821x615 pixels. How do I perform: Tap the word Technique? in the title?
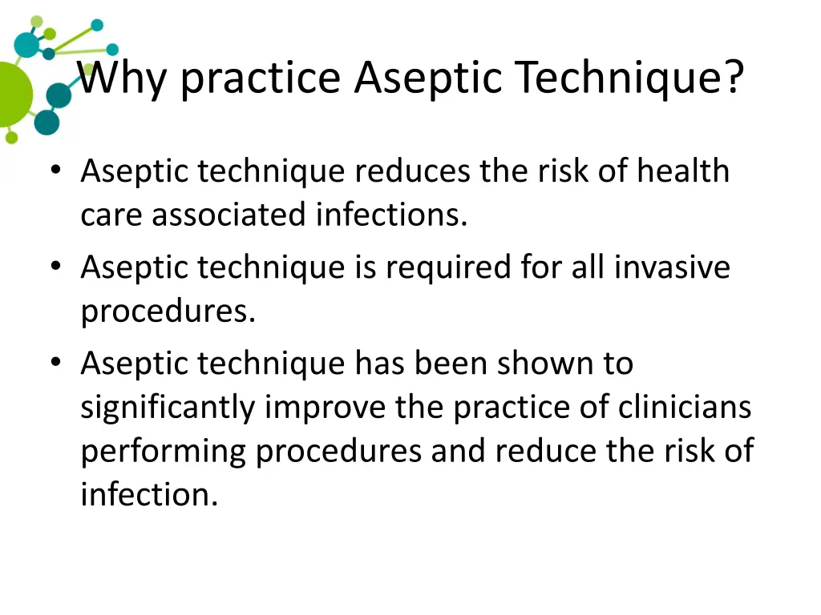click(629, 78)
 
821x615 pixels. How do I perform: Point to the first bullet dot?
click(55, 171)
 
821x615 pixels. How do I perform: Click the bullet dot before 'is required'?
click(55, 267)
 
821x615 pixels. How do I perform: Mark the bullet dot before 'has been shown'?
click(55, 363)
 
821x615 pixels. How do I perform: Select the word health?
click(683, 171)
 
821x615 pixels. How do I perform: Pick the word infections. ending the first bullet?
click(391, 215)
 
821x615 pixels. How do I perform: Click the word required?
click(454, 267)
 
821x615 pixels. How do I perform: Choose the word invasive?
click(673, 267)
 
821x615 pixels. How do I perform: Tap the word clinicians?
click(685, 408)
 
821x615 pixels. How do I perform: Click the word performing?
click(164, 451)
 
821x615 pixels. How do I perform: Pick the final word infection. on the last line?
click(149, 494)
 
